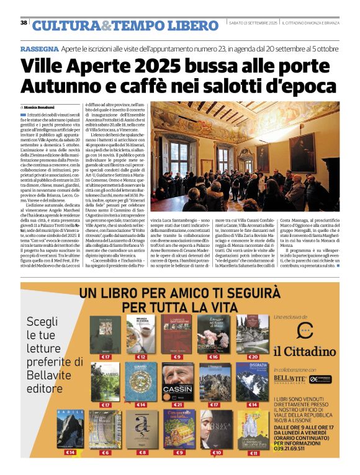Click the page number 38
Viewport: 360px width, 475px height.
click(24, 23)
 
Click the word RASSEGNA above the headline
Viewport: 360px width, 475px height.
click(40, 48)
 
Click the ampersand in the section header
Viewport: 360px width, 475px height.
click(107, 25)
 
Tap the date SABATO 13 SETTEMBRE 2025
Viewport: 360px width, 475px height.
click(252, 23)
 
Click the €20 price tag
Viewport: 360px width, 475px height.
click(253, 357)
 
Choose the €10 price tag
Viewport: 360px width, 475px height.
click(217, 452)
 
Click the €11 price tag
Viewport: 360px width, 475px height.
click(253, 452)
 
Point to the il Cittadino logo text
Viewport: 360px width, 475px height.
click(304, 352)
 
